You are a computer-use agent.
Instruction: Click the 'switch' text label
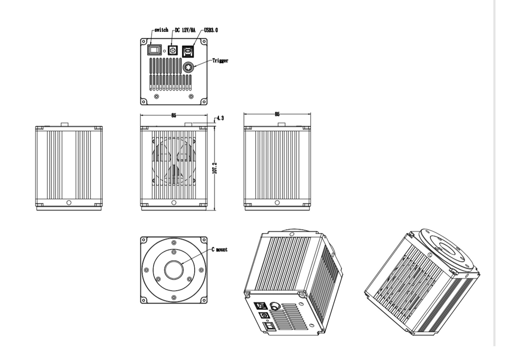tap(162, 30)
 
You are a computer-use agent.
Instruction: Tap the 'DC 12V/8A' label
tap(185, 30)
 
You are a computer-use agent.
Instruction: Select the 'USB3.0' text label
tap(211, 30)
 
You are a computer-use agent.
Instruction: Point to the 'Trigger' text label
tap(221, 60)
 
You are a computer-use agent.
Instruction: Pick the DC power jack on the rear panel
tap(174, 50)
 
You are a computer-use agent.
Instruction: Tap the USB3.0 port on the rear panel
tap(190, 50)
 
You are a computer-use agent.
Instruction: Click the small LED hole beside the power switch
tap(165, 50)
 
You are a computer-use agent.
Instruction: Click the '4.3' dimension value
tap(220, 118)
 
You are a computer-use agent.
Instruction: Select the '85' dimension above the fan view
tap(173, 115)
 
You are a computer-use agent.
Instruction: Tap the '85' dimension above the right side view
tap(277, 114)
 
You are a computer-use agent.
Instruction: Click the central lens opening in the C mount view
tap(173, 270)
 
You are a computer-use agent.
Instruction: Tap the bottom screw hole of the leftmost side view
tap(69, 203)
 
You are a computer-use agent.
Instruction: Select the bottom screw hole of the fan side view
tap(173, 203)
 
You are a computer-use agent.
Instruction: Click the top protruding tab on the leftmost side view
tap(65, 124)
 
